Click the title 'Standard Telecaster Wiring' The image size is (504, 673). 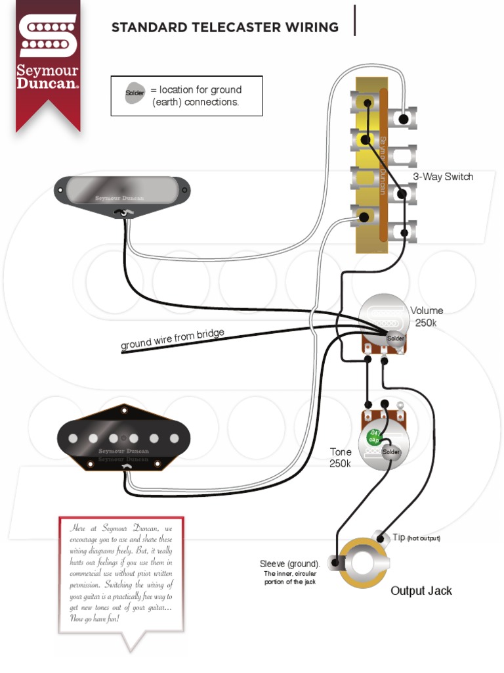(225, 28)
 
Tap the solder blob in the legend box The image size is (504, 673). (136, 93)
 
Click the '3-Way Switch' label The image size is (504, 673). (443, 177)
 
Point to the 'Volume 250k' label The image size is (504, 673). (427, 317)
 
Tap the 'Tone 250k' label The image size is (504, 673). (341, 457)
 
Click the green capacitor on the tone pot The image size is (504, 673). (373, 436)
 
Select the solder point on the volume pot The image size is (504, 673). (396, 338)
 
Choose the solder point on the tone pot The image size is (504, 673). (391, 452)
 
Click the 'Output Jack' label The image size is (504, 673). (421, 591)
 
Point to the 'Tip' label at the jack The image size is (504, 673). (400, 538)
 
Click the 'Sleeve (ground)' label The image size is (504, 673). (289, 564)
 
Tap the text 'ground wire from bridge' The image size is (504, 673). (173, 339)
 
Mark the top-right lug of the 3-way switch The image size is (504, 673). (403, 119)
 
